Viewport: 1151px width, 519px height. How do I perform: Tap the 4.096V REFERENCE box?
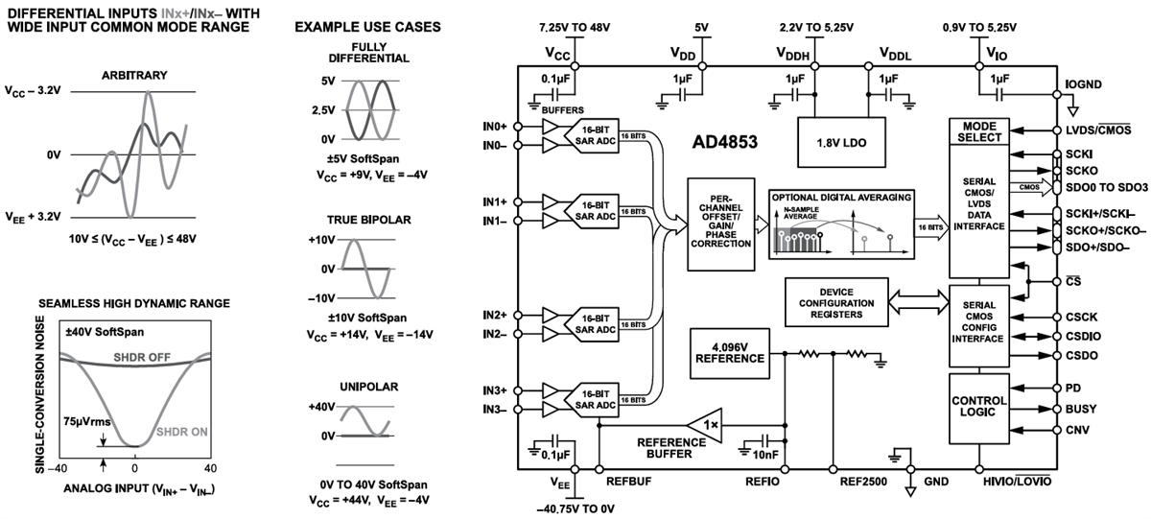click(x=728, y=351)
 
